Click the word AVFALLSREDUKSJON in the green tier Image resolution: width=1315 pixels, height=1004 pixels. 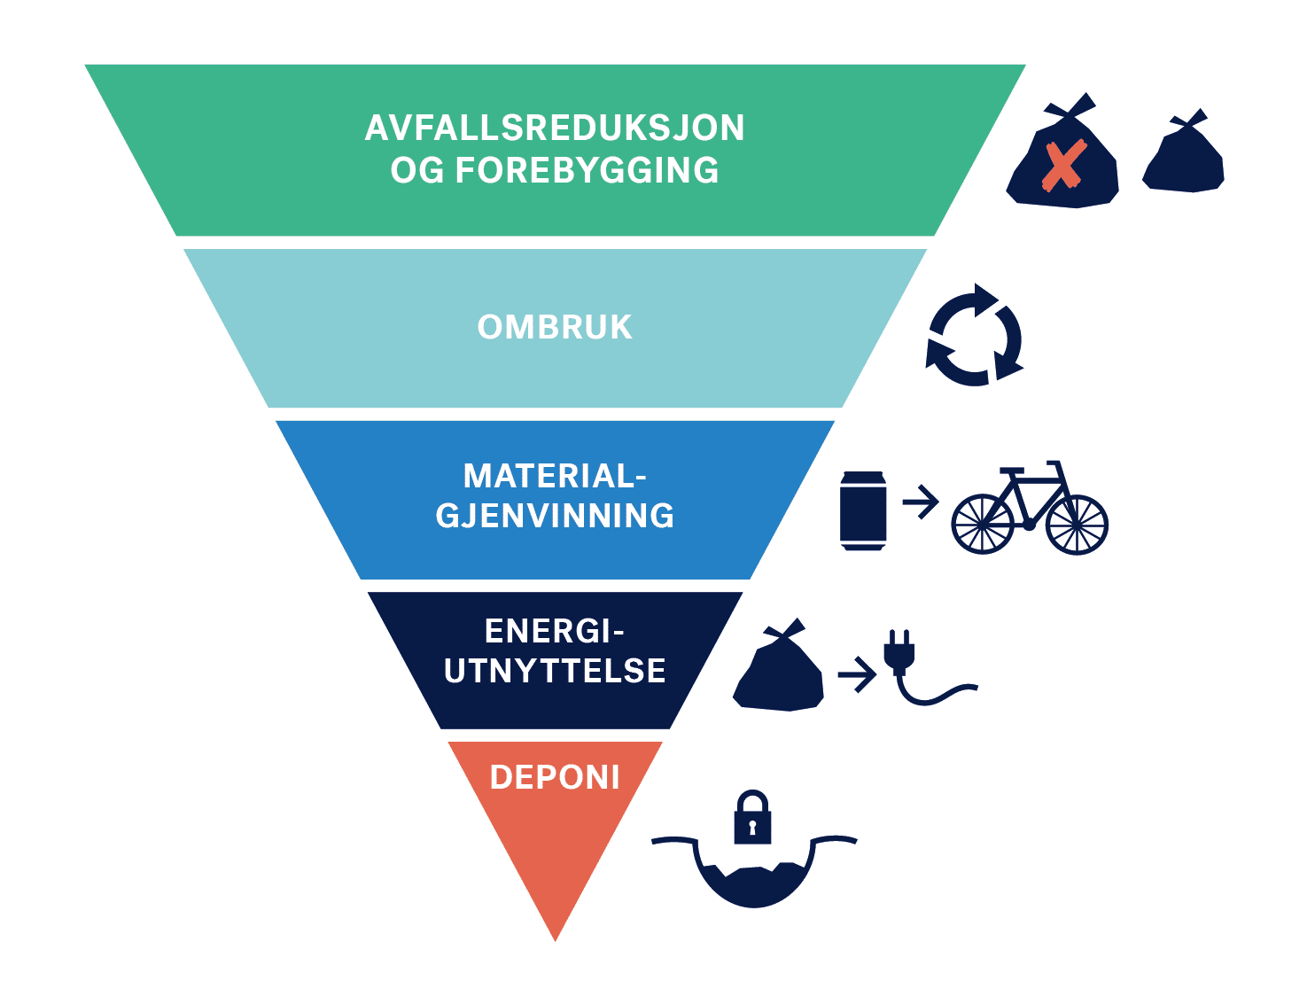(x=555, y=128)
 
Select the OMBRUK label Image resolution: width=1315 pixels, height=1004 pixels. (x=555, y=328)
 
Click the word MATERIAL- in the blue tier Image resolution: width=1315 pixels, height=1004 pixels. (x=555, y=477)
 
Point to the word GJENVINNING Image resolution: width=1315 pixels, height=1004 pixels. (x=555, y=516)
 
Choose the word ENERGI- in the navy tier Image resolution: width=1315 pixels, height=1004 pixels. (x=555, y=632)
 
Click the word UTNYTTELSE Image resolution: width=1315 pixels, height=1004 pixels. (x=555, y=671)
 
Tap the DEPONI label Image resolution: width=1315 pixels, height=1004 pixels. (x=555, y=778)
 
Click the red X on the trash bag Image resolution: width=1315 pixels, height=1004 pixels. (x=1063, y=166)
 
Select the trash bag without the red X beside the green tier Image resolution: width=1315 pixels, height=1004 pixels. (x=1185, y=157)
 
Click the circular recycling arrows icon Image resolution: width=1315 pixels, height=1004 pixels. (x=974, y=336)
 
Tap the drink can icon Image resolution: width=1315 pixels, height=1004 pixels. (x=863, y=510)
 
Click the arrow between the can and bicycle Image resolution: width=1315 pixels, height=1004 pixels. (x=921, y=502)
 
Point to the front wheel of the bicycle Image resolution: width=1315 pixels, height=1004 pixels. (x=1077, y=525)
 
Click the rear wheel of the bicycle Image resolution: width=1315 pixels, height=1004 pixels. (x=982, y=525)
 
